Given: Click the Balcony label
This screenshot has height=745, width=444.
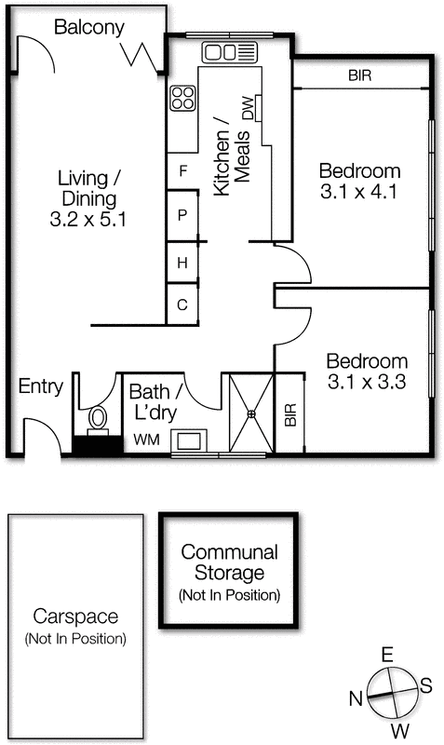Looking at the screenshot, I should (x=88, y=28).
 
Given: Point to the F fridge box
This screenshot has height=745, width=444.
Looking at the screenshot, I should (x=183, y=170).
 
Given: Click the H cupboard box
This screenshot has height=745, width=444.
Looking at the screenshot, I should (x=183, y=264).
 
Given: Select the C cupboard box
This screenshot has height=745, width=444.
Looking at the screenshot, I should (x=183, y=305).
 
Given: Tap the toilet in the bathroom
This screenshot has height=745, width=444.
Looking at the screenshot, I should (x=97, y=422).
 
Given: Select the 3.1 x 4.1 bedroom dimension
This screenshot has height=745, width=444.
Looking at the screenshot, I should (x=359, y=195).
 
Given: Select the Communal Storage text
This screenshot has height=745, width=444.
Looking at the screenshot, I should (x=228, y=562).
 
